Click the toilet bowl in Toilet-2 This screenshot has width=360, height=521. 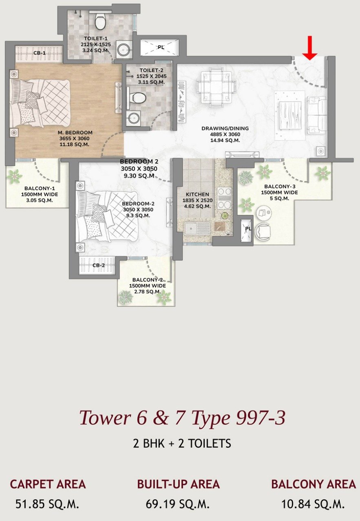tap(136, 98)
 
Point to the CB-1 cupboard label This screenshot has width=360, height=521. tap(40, 53)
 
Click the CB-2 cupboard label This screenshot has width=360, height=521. tap(99, 265)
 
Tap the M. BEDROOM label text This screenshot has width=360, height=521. tap(75, 133)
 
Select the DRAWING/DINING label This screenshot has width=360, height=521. tap(225, 128)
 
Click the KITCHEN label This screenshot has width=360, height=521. tap(198, 194)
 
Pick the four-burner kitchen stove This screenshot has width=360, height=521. tap(224, 198)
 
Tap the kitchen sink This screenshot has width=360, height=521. tap(198, 229)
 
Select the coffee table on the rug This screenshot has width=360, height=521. tap(290, 116)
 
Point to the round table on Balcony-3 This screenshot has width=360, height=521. tap(264, 213)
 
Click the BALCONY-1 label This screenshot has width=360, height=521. tap(40, 188)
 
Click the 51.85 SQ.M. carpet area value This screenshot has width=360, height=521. tap(47, 504)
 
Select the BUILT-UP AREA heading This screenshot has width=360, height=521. tap(178, 484)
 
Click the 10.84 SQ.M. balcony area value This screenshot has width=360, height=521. tap(313, 504)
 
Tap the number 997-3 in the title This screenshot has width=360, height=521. tap(260, 418)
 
